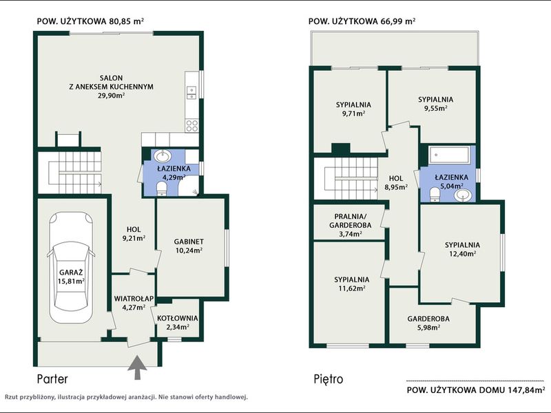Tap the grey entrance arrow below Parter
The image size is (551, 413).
click(x=137, y=368)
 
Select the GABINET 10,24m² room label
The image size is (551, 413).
click(x=189, y=246)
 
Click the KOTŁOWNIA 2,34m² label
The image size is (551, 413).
click(x=178, y=322)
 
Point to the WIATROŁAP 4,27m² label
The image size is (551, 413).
click(x=134, y=303)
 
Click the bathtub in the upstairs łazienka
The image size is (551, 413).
click(x=448, y=155)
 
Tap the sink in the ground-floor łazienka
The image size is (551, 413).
click(x=163, y=155)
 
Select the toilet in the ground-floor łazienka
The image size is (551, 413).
click(x=162, y=188)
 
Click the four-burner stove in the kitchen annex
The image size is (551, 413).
click(x=192, y=125)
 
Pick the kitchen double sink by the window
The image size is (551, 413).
click(x=191, y=93)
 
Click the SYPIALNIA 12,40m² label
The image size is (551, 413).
click(x=462, y=249)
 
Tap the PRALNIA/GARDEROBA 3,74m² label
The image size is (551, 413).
click(x=350, y=225)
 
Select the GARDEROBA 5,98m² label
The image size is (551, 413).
click(x=428, y=323)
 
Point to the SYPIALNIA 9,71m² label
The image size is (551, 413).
click(x=353, y=109)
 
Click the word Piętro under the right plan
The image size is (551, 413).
click(x=329, y=379)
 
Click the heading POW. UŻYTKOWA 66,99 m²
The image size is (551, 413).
click(x=362, y=21)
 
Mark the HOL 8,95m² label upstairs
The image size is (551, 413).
click(x=396, y=182)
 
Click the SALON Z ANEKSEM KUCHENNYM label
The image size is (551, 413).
click(x=111, y=87)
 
